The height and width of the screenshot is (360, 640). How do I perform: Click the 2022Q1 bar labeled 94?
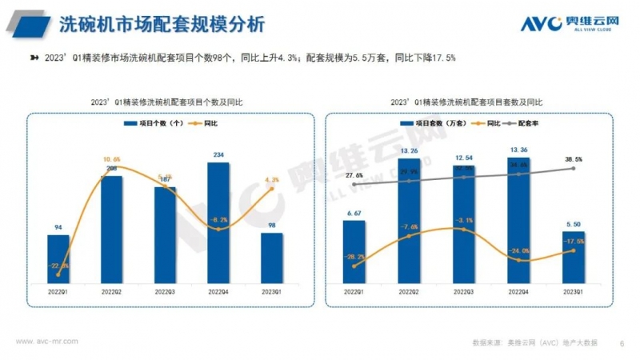tap(58, 257)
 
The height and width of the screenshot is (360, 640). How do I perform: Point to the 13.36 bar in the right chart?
tap(518, 219)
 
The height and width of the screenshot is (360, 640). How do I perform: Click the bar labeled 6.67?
tap(354, 250)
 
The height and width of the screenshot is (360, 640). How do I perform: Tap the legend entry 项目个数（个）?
tap(157, 124)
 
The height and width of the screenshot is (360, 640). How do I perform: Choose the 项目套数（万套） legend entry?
tap(435, 124)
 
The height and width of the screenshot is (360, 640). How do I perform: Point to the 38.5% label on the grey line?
tap(573, 159)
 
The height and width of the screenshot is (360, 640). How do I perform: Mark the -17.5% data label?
tap(573, 240)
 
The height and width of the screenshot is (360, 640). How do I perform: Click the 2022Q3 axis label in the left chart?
tap(165, 292)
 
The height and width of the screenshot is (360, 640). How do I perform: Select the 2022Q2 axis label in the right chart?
tap(408, 292)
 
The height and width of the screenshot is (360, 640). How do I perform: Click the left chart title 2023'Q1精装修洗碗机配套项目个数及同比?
tap(165, 102)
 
